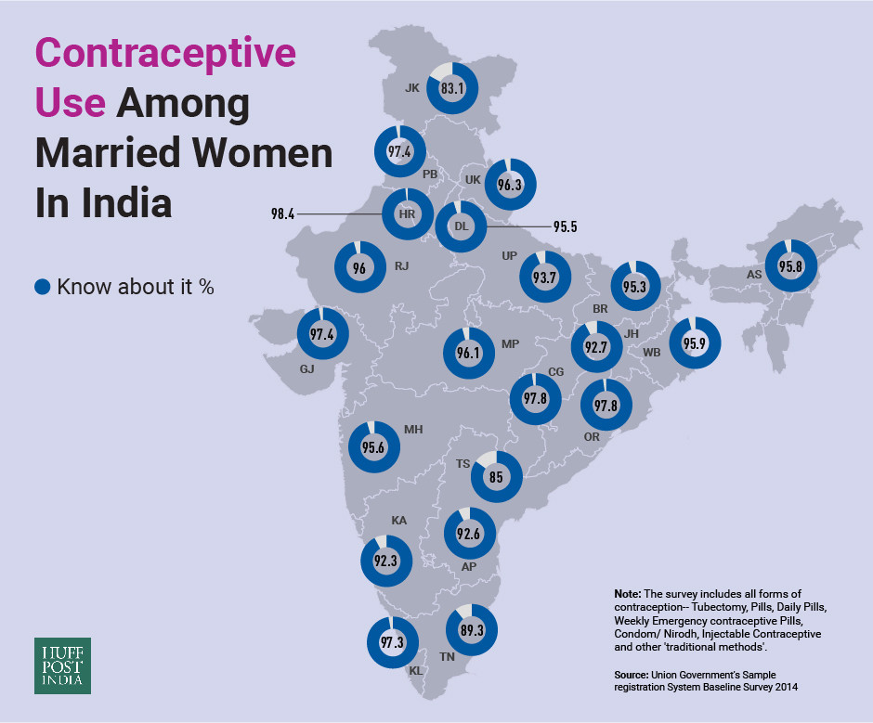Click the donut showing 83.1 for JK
(x=452, y=89)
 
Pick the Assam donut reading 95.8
(x=790, y=266)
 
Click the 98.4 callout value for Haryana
(x=282, y=213)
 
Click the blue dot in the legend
(x=43, y=287)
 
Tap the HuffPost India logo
(x=63, y=665)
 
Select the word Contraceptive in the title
(x=165, y=54)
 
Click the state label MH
(x=413, y=430)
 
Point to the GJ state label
(x=306, y=368)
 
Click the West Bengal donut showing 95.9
(x=695, y=342)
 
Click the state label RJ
(x=401, y=265)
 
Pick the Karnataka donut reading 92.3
(x=385, y=560)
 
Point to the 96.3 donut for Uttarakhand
(x=510, y=185)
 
